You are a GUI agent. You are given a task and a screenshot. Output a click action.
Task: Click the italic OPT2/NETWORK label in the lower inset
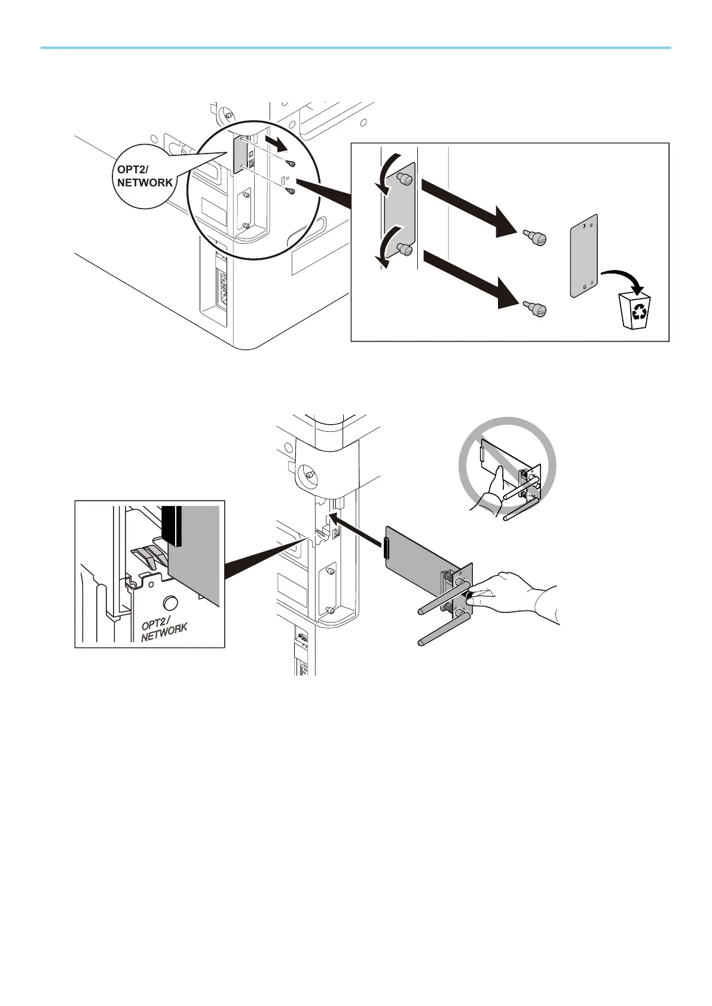tap(164, 630)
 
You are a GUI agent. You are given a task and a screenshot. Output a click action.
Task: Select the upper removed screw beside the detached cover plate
tap(535, 239)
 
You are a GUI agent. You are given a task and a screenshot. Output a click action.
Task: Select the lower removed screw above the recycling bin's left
tap(535, 309)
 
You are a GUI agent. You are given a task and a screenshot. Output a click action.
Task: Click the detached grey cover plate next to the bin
tap(583, 256)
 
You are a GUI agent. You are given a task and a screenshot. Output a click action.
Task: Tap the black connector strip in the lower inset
tap(172, 526)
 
